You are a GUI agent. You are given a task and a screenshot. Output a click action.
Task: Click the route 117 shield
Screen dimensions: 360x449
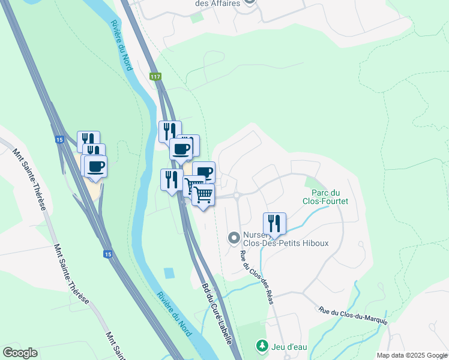[155, 76]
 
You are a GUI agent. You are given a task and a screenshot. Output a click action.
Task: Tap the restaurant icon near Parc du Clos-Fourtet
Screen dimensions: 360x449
[274, 223]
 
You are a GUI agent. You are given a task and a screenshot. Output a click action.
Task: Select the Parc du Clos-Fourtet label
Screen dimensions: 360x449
[330, 197]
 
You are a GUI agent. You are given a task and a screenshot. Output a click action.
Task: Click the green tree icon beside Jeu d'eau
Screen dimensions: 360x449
[262, 346]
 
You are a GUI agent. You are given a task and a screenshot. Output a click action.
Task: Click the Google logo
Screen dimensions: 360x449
[20, 353]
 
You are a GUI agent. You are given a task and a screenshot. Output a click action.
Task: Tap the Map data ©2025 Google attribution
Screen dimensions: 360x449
[412, 355]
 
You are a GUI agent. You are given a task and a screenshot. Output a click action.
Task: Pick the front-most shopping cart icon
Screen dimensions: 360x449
[203, 195]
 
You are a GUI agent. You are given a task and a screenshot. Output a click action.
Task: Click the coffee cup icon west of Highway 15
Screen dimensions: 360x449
[95, 166]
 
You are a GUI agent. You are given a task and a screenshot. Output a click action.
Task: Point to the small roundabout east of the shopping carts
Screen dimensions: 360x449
[237, 195]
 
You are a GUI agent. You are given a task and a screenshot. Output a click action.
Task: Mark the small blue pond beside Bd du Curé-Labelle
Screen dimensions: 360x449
[169, 274]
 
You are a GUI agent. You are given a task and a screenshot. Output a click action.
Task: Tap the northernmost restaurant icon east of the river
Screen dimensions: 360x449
[170, 131]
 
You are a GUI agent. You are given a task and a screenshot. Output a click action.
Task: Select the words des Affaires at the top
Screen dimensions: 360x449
[218, 3]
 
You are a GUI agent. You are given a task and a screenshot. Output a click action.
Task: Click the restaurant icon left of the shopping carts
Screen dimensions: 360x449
[171, 179]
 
